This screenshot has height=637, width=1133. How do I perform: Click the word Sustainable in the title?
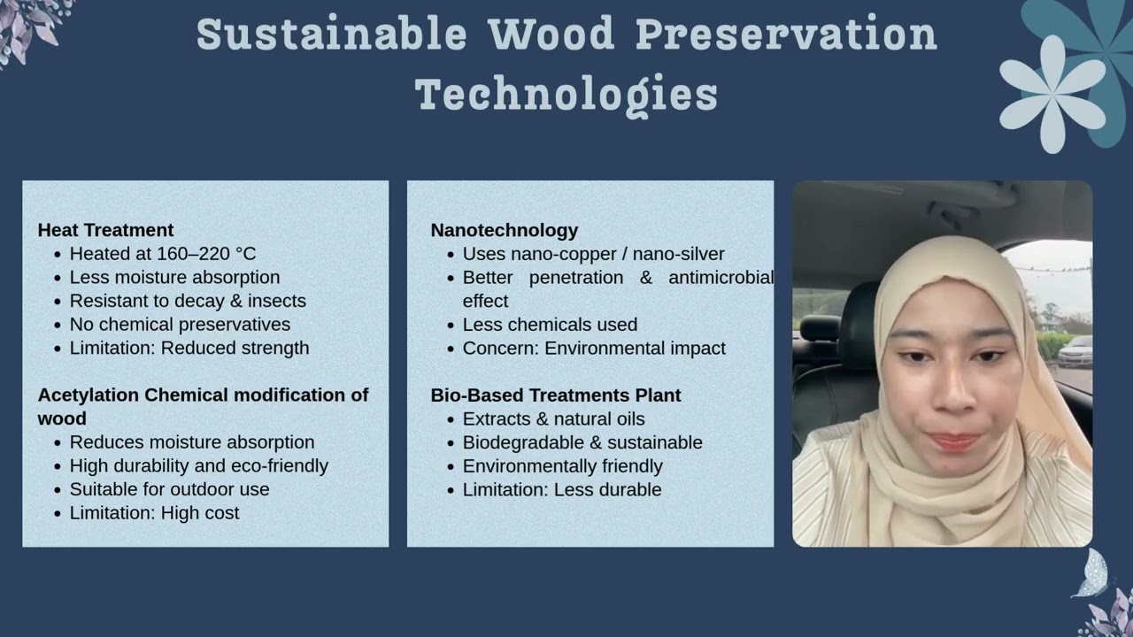(331, 35)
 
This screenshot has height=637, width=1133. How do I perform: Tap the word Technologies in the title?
(566, 94)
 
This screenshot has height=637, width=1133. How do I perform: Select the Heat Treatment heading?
(105, 230)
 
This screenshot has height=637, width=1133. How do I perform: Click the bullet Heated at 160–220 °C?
(163, 254)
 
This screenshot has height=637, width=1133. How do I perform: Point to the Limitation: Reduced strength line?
(189, 348)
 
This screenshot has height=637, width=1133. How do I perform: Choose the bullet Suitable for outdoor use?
(169, 489)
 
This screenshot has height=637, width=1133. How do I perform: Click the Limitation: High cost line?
(154, 513)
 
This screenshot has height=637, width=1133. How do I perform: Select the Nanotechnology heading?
(504, 230)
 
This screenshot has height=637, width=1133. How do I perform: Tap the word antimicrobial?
(721, 278)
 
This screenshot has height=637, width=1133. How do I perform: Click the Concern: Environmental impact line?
(594, 349)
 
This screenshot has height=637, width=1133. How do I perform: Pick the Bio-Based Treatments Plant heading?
(556, 395)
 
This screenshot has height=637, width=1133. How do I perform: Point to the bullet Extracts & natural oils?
(553, 419)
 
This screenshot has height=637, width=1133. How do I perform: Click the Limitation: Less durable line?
(562, 490)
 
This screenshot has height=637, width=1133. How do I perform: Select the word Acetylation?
(89, 395)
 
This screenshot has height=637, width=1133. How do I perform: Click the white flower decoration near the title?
(1052, 92)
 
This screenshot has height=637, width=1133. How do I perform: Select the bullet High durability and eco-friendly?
(198, 466)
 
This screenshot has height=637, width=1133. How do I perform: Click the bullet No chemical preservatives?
(180, 325)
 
